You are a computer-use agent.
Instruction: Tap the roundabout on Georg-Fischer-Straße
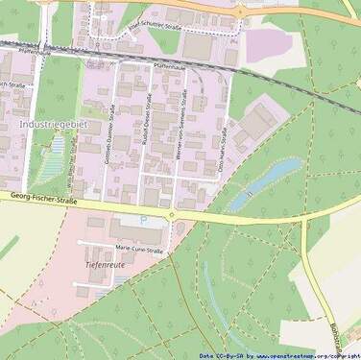pos(171,214)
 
